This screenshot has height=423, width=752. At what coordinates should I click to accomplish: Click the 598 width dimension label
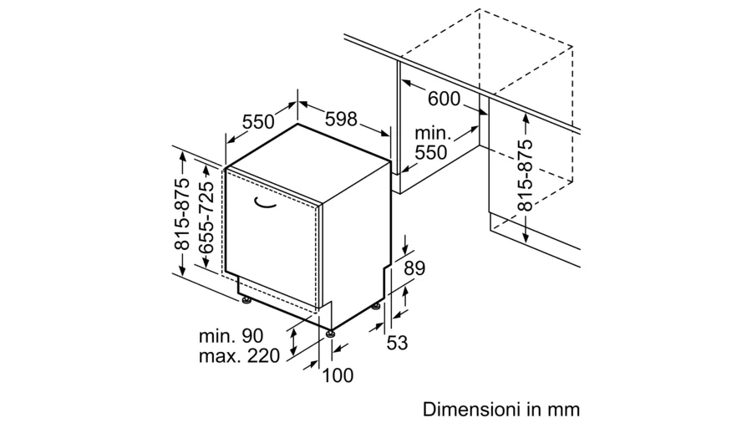(341, 119)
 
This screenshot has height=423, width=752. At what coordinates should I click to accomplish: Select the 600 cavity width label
(444, 99)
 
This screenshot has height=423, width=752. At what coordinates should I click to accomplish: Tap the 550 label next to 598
(258, 122)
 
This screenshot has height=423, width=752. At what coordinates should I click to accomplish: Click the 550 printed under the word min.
(430, 152)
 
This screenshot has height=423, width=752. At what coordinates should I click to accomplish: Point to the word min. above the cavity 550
(433, 133)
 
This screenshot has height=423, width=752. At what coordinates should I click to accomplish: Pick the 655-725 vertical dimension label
(206, 217)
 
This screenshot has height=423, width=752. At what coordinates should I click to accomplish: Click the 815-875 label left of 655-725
(182, 214)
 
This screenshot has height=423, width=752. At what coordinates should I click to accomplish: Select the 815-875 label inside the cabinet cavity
(526, 176)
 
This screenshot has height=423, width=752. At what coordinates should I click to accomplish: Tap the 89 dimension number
(414, 268)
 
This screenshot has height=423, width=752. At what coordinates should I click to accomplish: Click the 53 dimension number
(397, 343)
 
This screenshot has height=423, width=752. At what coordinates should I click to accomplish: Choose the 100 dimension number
(338, 375)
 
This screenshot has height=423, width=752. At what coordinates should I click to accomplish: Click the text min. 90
(231, 336)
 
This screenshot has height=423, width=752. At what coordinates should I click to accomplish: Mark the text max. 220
(239, 356)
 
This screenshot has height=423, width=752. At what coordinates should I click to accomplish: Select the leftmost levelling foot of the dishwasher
(247, 301)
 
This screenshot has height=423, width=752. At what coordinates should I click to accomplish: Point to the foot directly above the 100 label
(330, 334)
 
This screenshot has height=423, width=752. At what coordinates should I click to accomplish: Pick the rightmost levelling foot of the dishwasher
(376, 306)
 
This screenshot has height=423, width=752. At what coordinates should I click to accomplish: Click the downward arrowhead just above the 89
(406, 250)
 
